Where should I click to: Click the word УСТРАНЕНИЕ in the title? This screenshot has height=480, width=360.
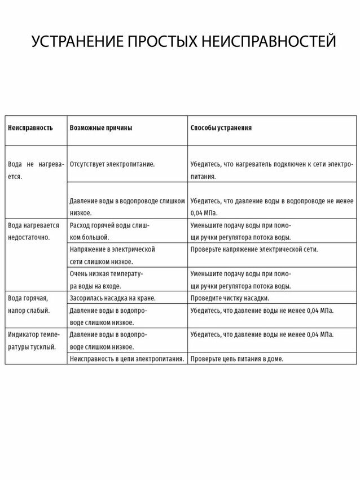coord(76,42)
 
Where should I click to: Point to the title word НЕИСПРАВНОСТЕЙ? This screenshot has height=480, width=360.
coord(269,42)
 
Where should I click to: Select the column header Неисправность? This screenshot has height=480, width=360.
coord(30,128)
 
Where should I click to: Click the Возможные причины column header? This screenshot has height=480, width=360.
coord(101,128)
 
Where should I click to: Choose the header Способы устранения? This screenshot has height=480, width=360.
coord(221,128)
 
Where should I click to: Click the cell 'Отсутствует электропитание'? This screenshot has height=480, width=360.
coord(112,164)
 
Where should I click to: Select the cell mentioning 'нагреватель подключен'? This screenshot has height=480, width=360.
coord(271,169)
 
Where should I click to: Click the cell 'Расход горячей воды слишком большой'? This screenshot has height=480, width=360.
coord(109,231)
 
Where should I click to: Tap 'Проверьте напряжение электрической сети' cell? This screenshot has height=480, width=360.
coord(254,249)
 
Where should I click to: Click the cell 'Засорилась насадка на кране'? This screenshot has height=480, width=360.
coord(112,298)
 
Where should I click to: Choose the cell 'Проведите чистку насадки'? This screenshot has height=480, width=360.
coord(230,298)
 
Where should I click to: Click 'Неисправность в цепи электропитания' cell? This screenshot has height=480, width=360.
coord(126,359)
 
